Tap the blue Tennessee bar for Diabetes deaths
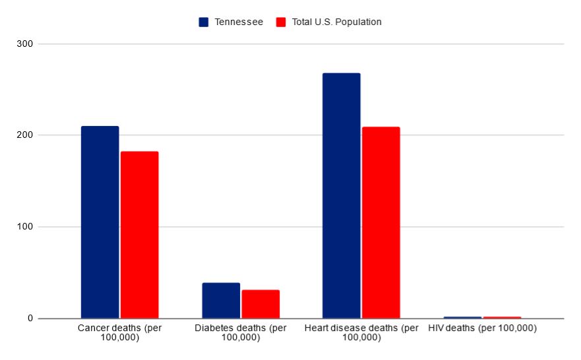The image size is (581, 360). [x=221, y=301]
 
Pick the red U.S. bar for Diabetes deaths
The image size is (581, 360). [x=260, y=304]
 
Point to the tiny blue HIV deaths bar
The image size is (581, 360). [x=462, y=317]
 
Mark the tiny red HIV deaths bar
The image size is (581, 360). [x=502, y=317]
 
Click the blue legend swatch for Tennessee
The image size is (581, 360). [x=204, y=22]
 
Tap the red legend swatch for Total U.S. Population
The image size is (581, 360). [x=280, y=22]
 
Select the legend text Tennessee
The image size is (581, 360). [x=239, y=22]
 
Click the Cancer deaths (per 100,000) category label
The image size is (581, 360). [x=119, y=332]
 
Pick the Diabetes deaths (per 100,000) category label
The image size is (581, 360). [x=241, y=332]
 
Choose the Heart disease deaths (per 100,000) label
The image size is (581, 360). [x=361, y=332]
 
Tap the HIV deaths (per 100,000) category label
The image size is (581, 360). [x=482, y=328]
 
